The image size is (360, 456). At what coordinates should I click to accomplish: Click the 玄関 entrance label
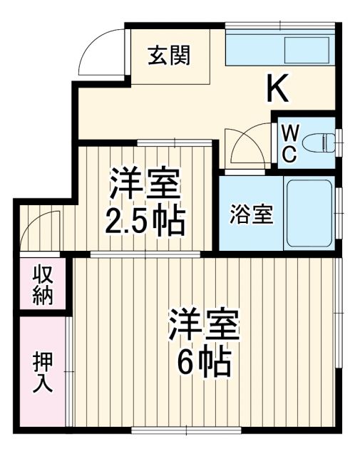coord(169,56)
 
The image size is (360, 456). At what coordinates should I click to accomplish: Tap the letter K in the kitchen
coord(278,88)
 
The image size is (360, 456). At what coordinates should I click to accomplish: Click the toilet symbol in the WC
coord(324,142)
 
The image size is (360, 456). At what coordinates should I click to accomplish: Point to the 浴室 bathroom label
coord(252,214)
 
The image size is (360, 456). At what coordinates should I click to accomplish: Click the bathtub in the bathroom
coord(309,213)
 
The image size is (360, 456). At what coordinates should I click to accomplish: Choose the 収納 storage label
coord(42,285)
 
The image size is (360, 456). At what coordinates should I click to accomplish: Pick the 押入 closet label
coord(42,372)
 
